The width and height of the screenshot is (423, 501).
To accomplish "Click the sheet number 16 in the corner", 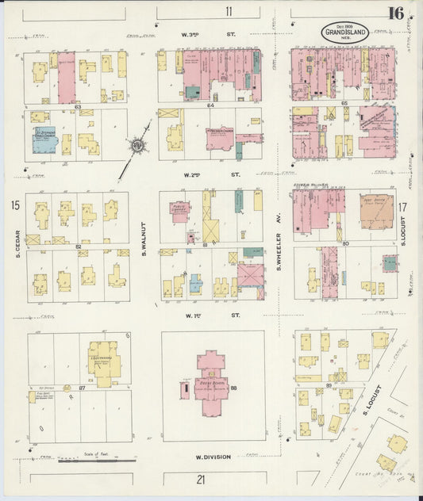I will pos(396,12).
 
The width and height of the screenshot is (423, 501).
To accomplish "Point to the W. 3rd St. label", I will pos(210,36).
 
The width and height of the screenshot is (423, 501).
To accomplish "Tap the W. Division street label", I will pos(208,457).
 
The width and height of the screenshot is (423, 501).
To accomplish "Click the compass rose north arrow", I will pos(137,146).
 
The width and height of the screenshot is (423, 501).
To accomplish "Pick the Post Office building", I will pos(376,212).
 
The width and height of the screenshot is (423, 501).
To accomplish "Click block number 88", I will pos(234,388).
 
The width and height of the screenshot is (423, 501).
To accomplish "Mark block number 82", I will pos(78,247).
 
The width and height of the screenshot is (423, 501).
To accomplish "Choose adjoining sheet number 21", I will pos(201,478).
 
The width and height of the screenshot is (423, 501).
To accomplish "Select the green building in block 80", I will pos(389,263).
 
